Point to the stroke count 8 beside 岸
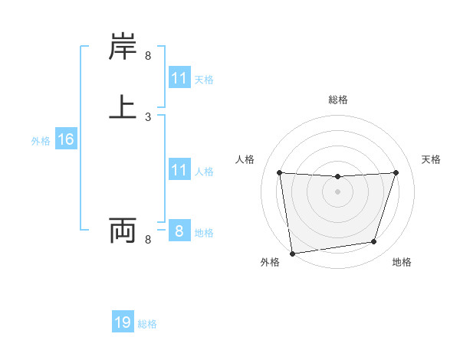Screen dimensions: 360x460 [148, 55]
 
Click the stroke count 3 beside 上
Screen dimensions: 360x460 [148, 117]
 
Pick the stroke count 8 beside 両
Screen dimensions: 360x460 [148, 240]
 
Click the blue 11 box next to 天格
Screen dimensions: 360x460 [179, 78]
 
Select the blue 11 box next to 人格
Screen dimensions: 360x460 [179, 170]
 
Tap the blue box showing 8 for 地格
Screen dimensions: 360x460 [179, 231]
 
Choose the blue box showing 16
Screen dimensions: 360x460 [65, 139]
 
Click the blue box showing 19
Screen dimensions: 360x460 [123, 322]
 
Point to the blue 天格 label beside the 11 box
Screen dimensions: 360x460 [204, 80]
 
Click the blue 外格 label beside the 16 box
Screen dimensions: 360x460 [41, 141]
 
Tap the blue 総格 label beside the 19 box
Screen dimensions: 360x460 [147, 324]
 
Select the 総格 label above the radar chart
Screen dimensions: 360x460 [338, 100]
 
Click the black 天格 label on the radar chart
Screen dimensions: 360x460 [432, 159]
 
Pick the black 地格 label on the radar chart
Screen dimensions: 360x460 [402, 262]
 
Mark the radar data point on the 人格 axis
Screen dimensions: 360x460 [280, 172]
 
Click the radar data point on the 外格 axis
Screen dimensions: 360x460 [292, 253]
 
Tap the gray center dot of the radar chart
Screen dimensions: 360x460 [337, 191]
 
